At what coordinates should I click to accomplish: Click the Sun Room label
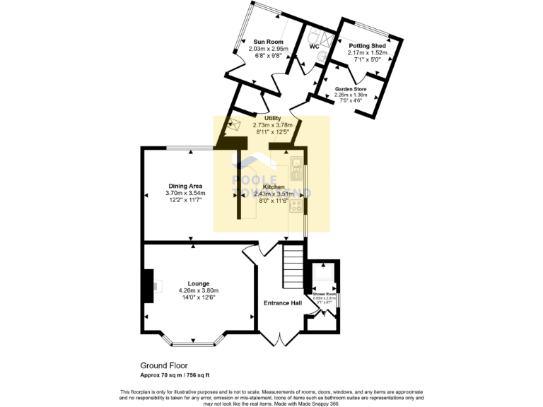[x=267, y=42]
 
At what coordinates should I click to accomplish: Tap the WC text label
[x=315, y=47]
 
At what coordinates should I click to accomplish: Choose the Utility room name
[x=272, y=118]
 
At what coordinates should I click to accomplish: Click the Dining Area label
[x=185, y=186]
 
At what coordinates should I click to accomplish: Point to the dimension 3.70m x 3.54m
[x=185, y=193]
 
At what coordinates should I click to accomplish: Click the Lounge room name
[x=198, y=283]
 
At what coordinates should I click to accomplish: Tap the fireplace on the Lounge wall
[x=148, y=285]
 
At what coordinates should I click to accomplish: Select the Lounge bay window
[x=194, y=343]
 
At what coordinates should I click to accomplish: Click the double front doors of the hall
[x=281, y=341]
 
